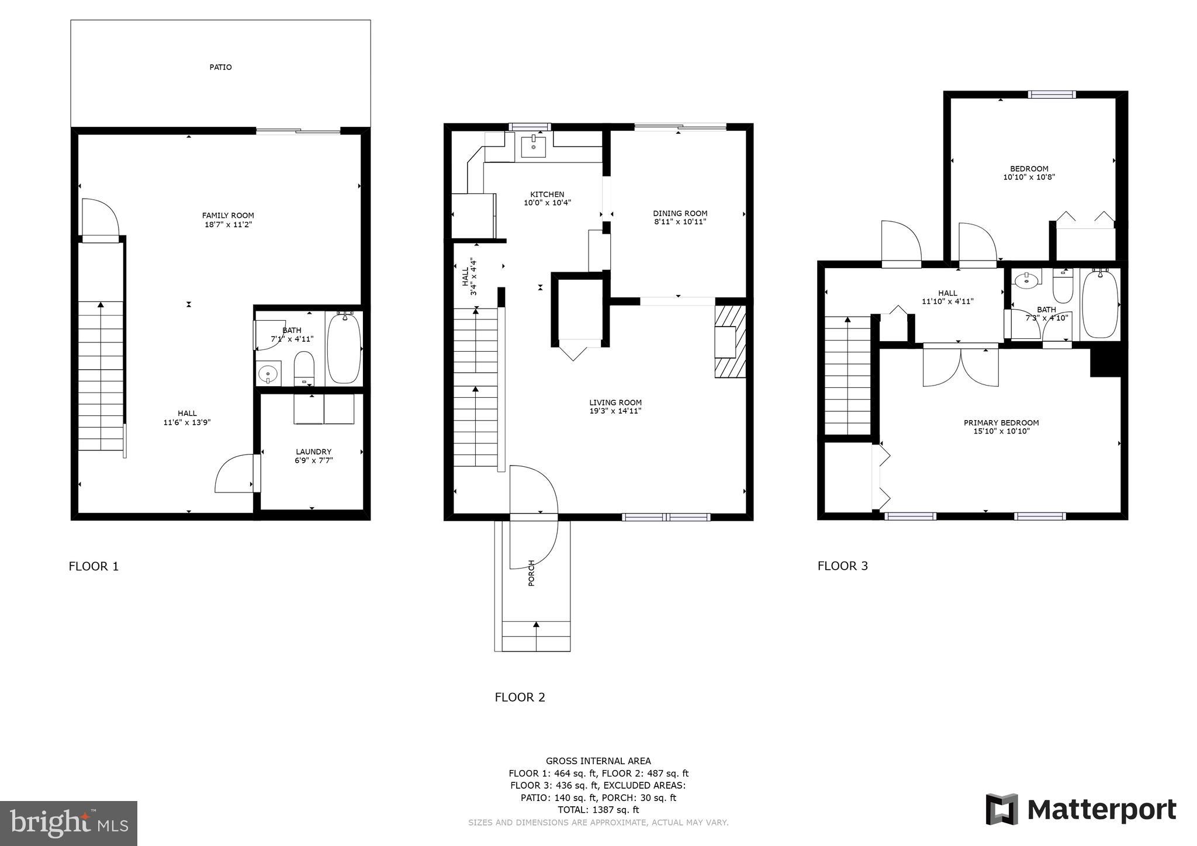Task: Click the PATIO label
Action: coord(220,67)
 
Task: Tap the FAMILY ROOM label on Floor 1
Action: coord(228,216)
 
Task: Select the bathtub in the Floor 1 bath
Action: coord(344,349)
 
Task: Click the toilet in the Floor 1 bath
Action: coord(304,367)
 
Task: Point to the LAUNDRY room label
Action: coord(313,452)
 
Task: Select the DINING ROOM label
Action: coord(680,213)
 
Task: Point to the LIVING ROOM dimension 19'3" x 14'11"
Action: coord(615,411)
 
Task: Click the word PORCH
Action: coord(531,573)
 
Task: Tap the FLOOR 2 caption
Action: coord(520,697)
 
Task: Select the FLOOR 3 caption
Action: coord(842,566)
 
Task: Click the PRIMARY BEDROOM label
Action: coord(1001,422)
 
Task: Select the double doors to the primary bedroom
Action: coord(960,367)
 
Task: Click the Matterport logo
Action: coord(1081,810)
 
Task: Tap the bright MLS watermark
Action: coord(68,823)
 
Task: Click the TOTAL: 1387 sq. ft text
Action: coord(598,810)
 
